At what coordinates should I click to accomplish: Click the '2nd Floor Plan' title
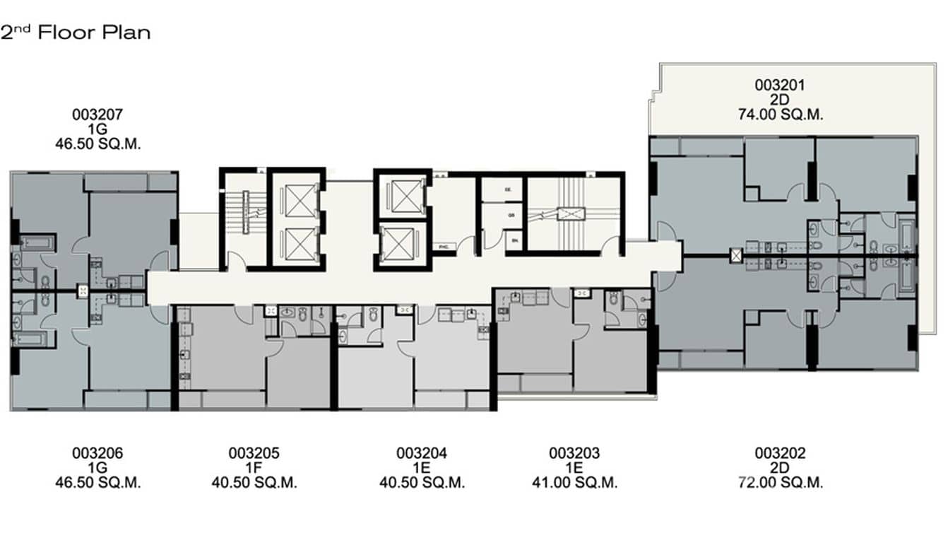coord(75,33)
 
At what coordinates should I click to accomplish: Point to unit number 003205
coord(254,453)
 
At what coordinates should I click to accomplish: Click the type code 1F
coord(254,468)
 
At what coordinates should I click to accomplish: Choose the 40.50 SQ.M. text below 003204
coord(422,484)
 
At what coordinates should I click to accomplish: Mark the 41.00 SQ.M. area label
coord(574,484)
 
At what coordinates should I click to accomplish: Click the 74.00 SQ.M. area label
coord(780,115)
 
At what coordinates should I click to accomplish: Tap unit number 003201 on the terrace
coord(780,85)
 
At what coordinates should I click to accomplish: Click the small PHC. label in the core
coord(444,247)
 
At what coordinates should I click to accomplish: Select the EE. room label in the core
coord(507,190)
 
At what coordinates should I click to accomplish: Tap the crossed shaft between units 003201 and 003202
coord(737,254)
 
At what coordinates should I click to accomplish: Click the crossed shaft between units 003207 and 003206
coord(83,291)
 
